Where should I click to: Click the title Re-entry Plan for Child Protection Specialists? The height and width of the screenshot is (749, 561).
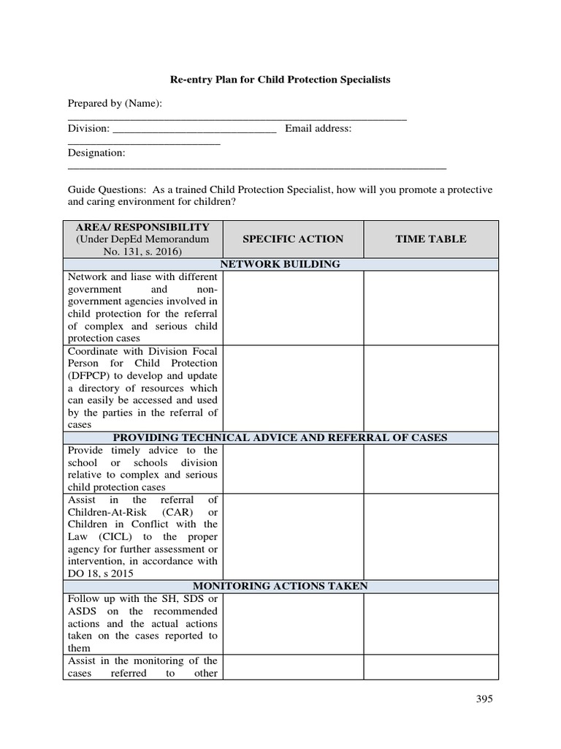(x=281, y=79)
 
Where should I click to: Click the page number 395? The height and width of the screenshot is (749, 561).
(x=481, y=699)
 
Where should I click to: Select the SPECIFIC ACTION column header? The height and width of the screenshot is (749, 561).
(x=293, y=239)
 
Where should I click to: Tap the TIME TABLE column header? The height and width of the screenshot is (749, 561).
(x=430, y=239)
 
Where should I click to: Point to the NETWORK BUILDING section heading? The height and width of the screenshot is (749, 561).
(x=281, y=264)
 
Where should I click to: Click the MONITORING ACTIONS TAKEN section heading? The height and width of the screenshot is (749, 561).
(x=280, y=586)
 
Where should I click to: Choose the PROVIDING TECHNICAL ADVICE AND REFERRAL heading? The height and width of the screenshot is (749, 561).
(x=280, y=437)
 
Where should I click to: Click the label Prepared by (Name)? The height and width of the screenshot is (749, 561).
(x=114, y=104)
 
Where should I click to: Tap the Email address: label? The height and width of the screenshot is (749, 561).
(x=318, y=129)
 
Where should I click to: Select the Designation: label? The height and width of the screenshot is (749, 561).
(x=96, y=153)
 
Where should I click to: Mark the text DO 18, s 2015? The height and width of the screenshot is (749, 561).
(x=102, y=573)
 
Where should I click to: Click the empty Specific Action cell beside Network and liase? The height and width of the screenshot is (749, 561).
(x=293, y=307)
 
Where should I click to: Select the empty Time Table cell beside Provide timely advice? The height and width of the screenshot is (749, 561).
(x=430, y=469)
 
